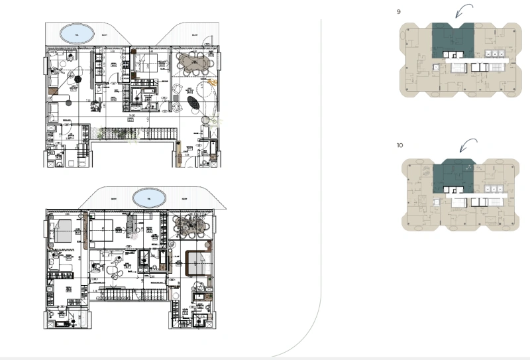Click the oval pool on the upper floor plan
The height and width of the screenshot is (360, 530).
coord(77,33)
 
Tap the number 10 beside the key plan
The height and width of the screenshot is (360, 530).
coord(400,145)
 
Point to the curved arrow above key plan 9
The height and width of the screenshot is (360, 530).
coord(463,11)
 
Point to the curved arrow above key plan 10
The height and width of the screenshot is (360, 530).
coord(468,145)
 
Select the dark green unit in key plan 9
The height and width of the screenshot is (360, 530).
coord(453,39)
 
